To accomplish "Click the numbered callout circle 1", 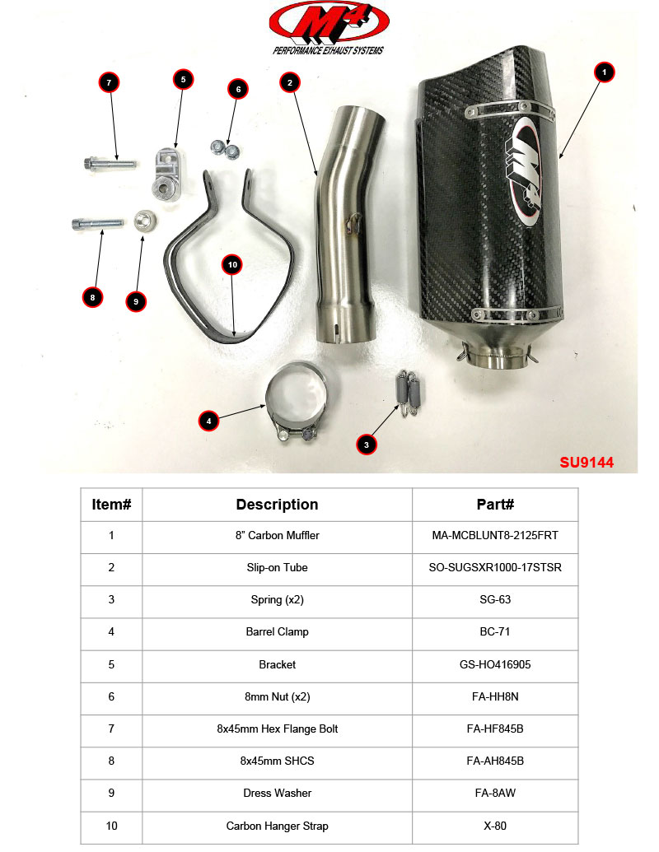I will pyautogui.click(x=605, y=72).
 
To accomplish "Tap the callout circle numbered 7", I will pyautogui.click(x=109, y=82).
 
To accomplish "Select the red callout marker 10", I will pyautogui.click(x=232, y=264).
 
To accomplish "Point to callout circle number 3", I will pyautogui.click(x=367, y=445).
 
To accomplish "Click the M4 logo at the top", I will pyautogui.click(x=329, y=25).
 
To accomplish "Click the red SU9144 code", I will pyautogui.click(x=587, y=463).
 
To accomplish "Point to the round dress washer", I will pyautogui.click(x=147, y=222).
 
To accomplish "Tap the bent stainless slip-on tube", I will pyautogui.click(x=347, y=230).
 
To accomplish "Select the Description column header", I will pyautogui.click(x=277, y=505).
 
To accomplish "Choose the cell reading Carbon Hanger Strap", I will pyautogui.click(x=277, y=826).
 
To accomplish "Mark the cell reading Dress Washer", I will pyautogui.click(x=277, y=794).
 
